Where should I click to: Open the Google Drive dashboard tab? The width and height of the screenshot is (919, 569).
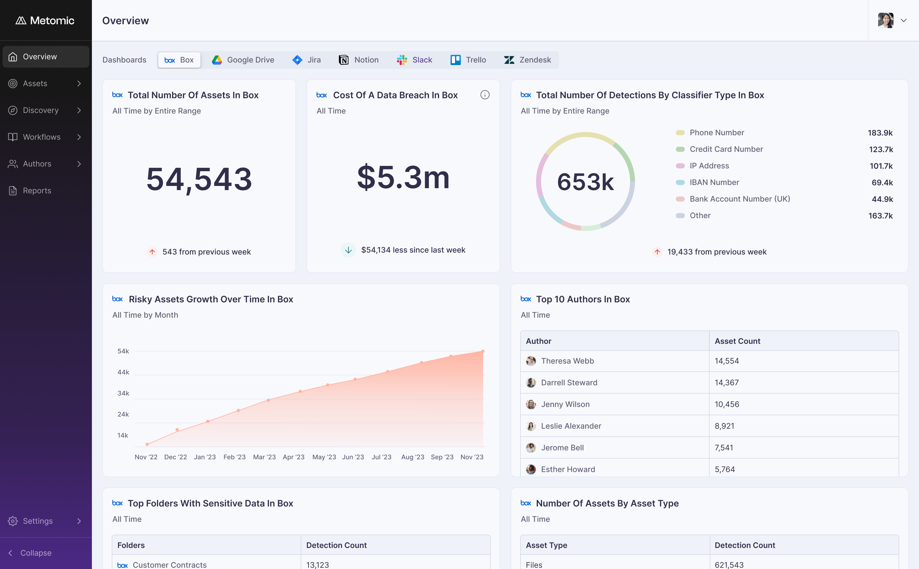click(243, 60)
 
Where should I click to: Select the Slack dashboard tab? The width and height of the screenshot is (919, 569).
click(414, 60)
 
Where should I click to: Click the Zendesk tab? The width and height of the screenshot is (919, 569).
click(527, 60)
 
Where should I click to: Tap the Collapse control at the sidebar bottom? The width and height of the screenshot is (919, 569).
click(30, 553)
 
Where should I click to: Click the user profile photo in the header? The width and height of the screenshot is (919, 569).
click(885, 20)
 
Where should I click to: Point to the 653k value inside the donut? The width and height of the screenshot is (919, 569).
click(586, 182)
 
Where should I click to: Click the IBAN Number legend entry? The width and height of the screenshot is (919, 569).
click(714, 182)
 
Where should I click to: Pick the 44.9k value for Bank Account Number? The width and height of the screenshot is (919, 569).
click(882, 199)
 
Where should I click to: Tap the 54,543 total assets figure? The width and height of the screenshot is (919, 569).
click(199, 179)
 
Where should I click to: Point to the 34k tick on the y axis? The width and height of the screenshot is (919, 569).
click(123, 393)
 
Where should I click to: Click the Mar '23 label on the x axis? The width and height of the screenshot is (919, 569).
click(264, 457)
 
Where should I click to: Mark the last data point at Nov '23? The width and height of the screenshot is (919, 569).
click(483, 351)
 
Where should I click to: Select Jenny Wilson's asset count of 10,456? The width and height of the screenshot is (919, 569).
click(727, 404)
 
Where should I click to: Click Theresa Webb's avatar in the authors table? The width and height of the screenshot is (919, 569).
click(531, 361)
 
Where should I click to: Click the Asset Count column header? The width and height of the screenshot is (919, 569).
click(737, 341)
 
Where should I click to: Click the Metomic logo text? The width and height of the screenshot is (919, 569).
click(52, 20)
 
